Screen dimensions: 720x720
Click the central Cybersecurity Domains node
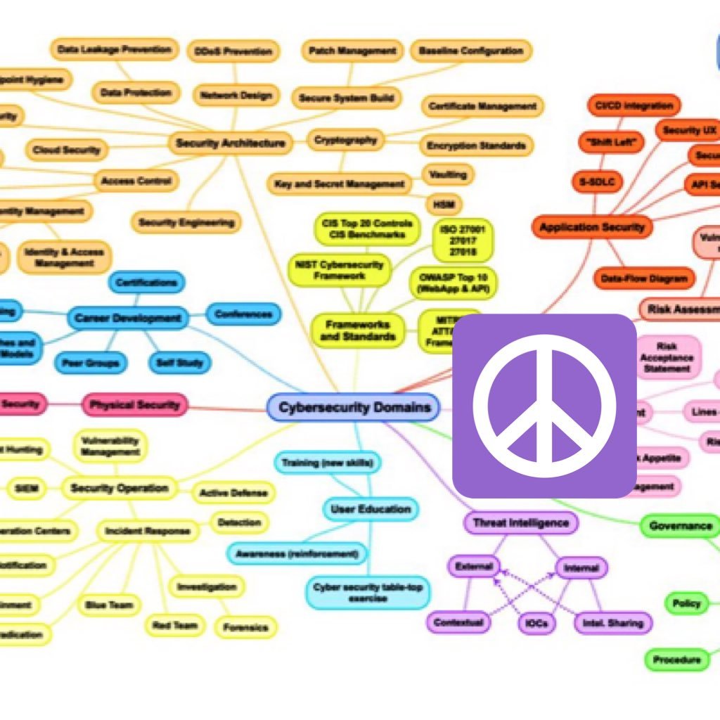[354, 407]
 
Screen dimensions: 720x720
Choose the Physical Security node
[134, 404]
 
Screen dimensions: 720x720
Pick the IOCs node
[537, 623]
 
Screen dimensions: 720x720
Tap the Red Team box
[174, 624]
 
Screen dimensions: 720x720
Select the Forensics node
[245, 627]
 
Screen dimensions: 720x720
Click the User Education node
[371, 508]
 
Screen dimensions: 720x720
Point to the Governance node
[680, 526]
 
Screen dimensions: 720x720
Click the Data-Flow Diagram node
[643, 278]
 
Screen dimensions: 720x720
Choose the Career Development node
[127, 318]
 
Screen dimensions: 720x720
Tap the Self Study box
[179, 363]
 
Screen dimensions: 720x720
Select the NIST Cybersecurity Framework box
[340, 270]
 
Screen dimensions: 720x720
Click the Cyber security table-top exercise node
[368, 592]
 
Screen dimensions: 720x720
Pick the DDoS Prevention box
[233, 51]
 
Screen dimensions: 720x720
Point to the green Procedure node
[676, 660]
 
